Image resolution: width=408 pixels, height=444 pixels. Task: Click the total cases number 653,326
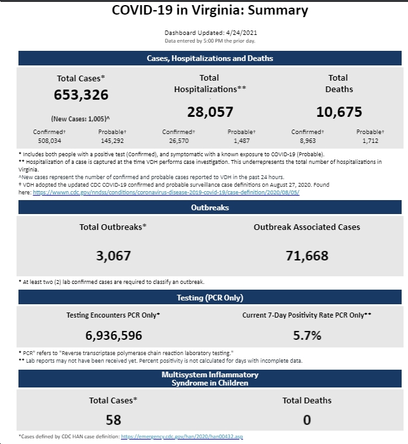81,95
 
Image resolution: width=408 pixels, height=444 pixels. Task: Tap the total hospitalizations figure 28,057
210,112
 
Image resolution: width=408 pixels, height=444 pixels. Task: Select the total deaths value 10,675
339,112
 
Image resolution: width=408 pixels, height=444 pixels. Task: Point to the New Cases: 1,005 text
81,119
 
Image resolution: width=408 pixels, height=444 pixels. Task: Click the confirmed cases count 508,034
50,141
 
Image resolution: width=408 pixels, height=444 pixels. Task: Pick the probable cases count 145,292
113,141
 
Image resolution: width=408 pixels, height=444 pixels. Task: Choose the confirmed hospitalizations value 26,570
179,141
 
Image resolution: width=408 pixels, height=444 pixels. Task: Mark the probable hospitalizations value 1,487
242,141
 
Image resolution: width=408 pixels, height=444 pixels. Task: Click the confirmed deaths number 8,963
308,141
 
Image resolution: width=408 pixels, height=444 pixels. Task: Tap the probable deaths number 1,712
370,141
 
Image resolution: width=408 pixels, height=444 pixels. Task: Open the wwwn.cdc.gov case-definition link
166,192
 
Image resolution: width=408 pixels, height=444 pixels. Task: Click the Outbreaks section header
210,207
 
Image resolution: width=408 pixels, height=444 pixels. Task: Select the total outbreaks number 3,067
113,256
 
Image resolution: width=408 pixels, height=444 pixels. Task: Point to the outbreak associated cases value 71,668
307,256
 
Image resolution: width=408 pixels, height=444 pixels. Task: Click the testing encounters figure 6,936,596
114,335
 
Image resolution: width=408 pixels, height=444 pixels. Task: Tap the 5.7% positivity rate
307,335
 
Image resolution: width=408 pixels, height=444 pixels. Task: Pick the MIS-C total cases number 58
113,420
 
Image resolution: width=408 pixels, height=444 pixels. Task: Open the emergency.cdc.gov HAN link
182,436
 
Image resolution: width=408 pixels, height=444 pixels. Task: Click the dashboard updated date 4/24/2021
241,33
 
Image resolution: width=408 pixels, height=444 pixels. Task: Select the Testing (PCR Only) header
210,297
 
